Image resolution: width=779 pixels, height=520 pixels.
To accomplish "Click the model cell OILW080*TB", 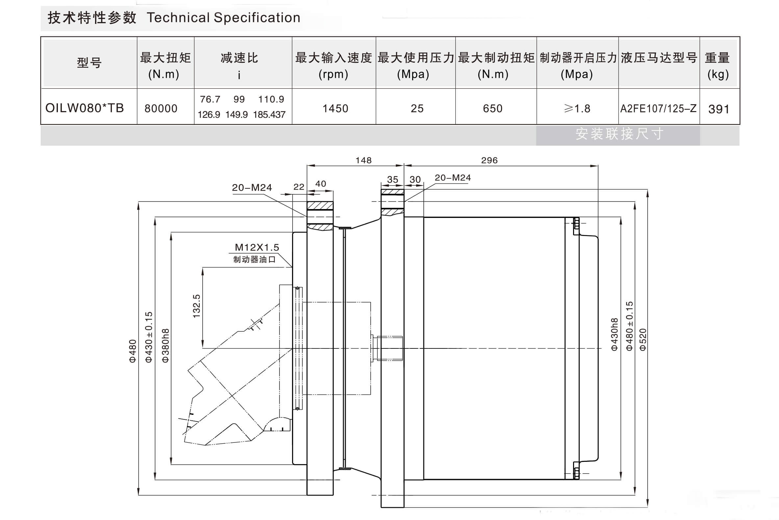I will click(x=84, y=108).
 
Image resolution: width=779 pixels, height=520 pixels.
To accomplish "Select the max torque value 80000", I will click(x=161, y=108).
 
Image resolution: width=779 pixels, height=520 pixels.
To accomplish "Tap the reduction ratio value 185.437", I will click(x=269, y=115).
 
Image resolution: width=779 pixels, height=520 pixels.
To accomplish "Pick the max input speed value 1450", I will click(x=335, y=108).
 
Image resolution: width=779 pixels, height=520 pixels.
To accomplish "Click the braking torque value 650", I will click(x=492, y=108).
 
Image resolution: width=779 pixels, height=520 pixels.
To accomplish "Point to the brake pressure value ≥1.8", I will click(x=577, y=108).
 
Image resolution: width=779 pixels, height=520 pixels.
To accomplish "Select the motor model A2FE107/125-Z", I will click(x=658, y=108).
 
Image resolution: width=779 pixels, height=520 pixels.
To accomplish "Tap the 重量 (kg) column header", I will click(x=717, y=66).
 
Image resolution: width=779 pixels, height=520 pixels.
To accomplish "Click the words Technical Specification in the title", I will click(x=223, y=17).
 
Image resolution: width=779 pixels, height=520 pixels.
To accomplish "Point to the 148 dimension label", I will click(x=364, y=160).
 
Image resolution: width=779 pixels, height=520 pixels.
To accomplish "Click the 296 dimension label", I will click(x=489, y=160).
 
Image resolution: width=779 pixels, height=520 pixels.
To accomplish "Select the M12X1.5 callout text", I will click(x=257, y=248).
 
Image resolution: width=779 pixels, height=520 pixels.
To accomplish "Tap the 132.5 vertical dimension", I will click(x=197, y=306).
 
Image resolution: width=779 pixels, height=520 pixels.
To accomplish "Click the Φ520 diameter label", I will click(x=643, y=339).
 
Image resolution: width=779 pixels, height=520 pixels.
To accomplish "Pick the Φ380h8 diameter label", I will click(x=165, y=345).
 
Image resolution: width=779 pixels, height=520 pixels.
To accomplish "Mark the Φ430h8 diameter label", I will click(x=615, y=334).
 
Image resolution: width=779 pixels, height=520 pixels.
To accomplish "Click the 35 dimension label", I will click(x=392, y=180).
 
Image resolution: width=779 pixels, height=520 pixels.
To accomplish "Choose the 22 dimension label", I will click(x=299, y=187).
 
